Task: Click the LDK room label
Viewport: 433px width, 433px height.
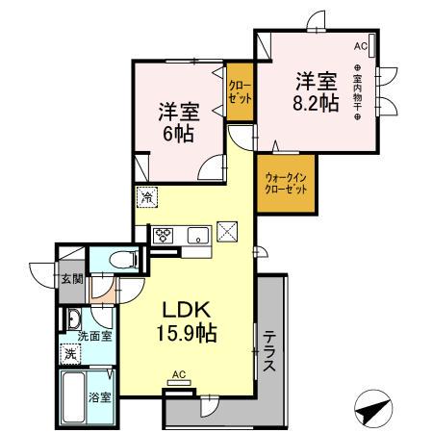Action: pyautogui.click(x=190, y=313)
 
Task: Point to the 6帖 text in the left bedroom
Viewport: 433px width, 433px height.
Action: pyautogui.click(x=177, y=133)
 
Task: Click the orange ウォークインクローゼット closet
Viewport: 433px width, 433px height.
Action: pyautogui.click(x=286, y=183)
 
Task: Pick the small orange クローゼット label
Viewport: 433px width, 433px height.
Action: pyautogui.click(x=240, y=94)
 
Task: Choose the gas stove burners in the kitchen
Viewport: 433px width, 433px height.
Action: pyautogui.click(x=160, y=234)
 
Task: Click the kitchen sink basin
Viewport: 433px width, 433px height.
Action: pyautogui.click(x=197, y=233)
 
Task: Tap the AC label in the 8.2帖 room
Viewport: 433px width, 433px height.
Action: pyautogui.click(x=361, y=45)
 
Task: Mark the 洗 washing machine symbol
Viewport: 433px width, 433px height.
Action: pyautogui.click(x=70, y=353)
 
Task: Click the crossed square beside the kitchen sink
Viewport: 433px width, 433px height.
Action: pyautogui.click(x=229, y=231)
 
